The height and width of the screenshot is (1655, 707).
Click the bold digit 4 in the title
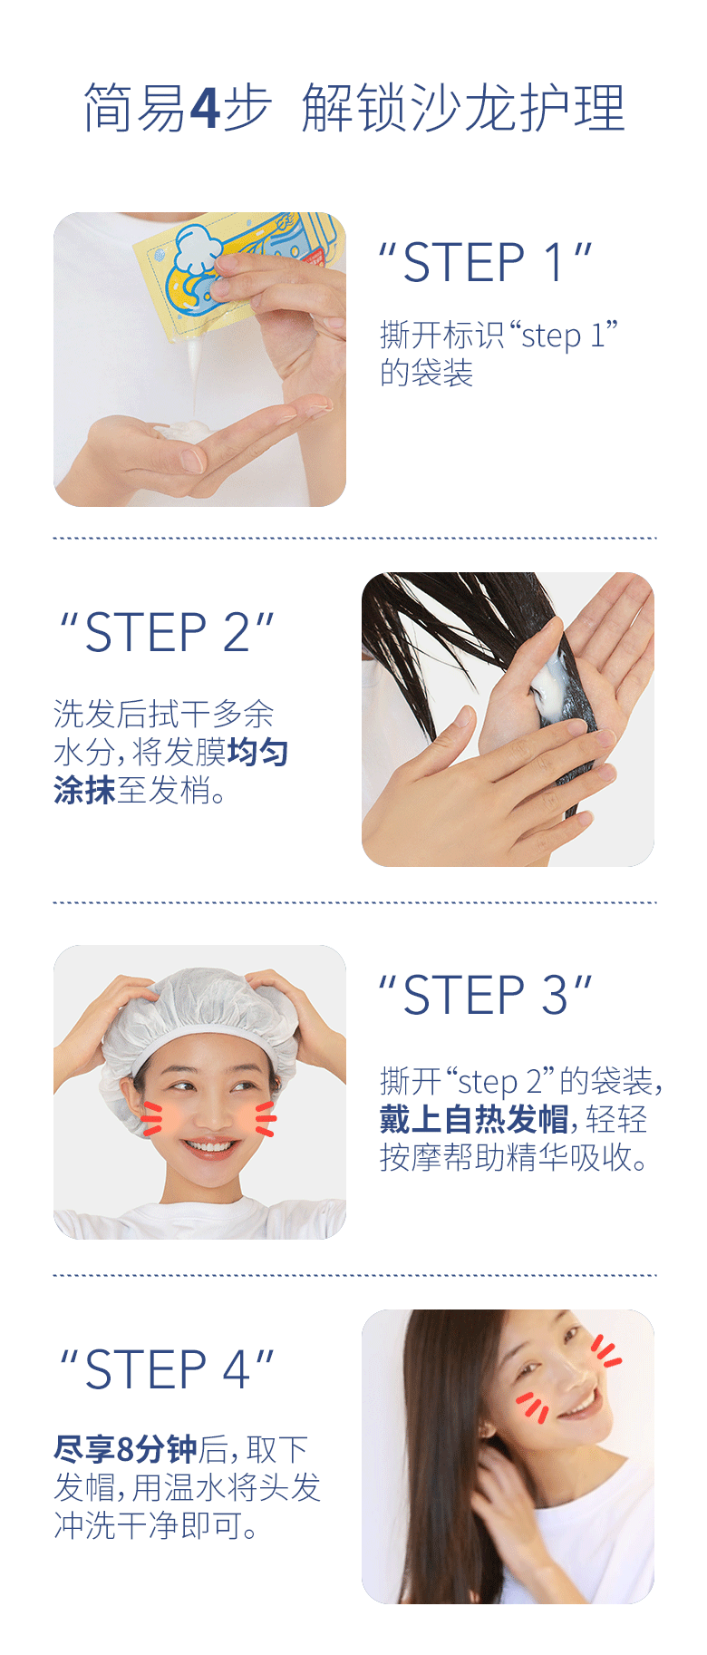click(x=206, y=108)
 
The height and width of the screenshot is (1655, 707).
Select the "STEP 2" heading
click(x=167, y=632)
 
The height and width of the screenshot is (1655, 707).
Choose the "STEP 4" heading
click(x=167, y=1368)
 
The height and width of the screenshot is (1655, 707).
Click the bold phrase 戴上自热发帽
click(x=474, y=1119)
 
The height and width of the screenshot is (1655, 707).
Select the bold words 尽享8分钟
click(x=125, y=1448)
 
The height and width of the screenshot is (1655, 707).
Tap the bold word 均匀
click(x=257, y=752)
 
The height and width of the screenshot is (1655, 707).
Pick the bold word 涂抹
click(x=84, y=790)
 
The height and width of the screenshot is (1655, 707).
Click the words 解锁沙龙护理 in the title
click(x=463, y=108)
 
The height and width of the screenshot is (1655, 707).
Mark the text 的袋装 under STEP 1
click(x=427, y=373)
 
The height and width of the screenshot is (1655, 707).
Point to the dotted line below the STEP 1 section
click(x=354, y=538)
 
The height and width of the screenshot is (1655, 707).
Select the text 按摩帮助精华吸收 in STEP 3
click(x=508, y=1157)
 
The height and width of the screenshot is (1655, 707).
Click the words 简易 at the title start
click(x=134, y=108)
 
